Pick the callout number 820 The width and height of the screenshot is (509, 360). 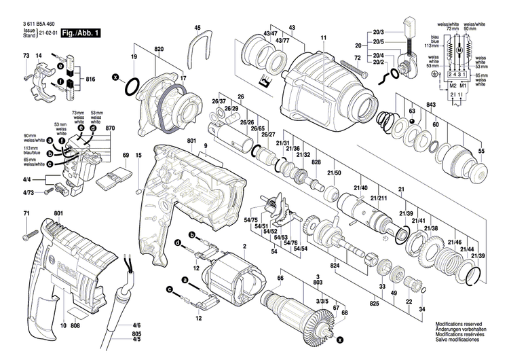coord(159,51)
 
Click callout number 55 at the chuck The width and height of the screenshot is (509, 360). coord(482,149)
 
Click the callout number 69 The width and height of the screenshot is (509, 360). coord(125,156)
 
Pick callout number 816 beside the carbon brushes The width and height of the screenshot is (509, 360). coord(90,79)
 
